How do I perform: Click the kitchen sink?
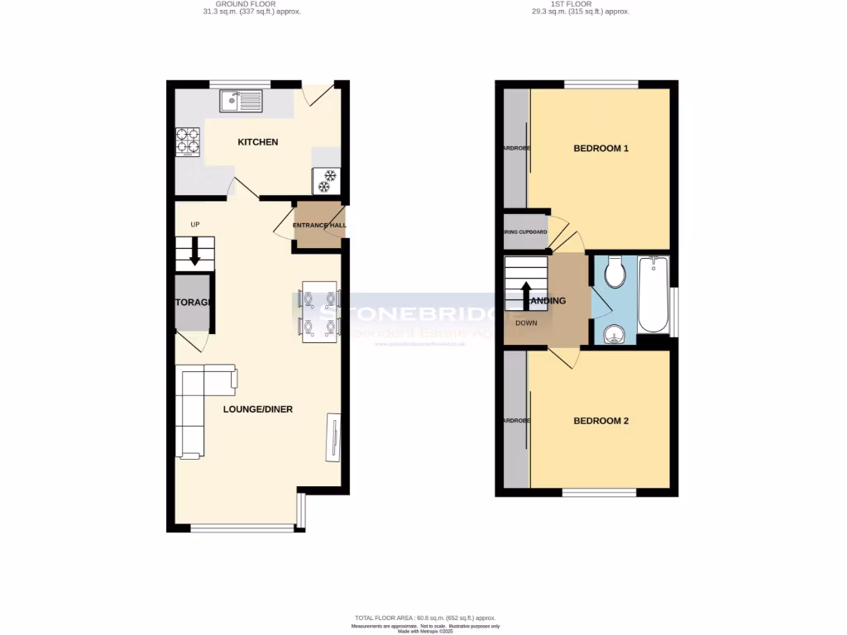[x=241, y=102]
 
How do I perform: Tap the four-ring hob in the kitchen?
[x=188, y=141]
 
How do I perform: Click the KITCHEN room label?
[x=258, y=142]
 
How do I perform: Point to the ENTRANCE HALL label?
[x=319, y=225]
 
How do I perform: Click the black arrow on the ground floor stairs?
[x=195, y=252]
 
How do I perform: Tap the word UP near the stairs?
[x=195, y=224]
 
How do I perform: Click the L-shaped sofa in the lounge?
[x=199, y=409]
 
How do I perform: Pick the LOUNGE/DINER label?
[x=258, y=409]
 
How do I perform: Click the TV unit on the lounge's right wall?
[x=333, y=437]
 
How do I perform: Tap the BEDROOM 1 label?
[x=601, y=149]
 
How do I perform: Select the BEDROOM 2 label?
[x=601, y=421]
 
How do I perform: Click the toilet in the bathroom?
[x=615, y=272]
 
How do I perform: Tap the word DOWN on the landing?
[x=526, y=322]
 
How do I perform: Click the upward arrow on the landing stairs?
[x=526, y=294]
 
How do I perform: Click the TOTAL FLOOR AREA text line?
[x=423, y=618]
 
